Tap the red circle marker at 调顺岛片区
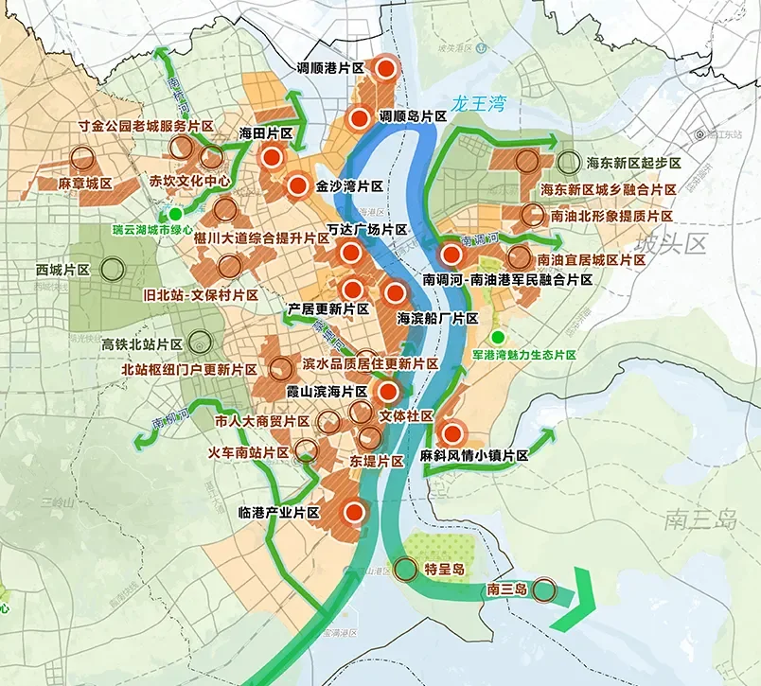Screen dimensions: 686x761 (x=360, y=118)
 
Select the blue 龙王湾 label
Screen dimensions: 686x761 (x=480, y=102)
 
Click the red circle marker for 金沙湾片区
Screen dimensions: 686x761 (x=298, y=186)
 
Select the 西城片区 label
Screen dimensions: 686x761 (x=62, y=270)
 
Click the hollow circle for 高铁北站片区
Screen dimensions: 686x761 (x=199, y=342)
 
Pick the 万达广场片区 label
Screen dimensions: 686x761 (x=366, y=231)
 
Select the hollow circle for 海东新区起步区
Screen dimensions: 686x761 (x=568, y=163)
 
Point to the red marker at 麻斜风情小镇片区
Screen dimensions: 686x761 (x=452, y=433)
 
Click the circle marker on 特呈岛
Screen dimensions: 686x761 (x=405, y=569)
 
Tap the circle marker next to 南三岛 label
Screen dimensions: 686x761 (x=543, y=590)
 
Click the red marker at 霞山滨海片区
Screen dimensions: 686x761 (x=386, y=392)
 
